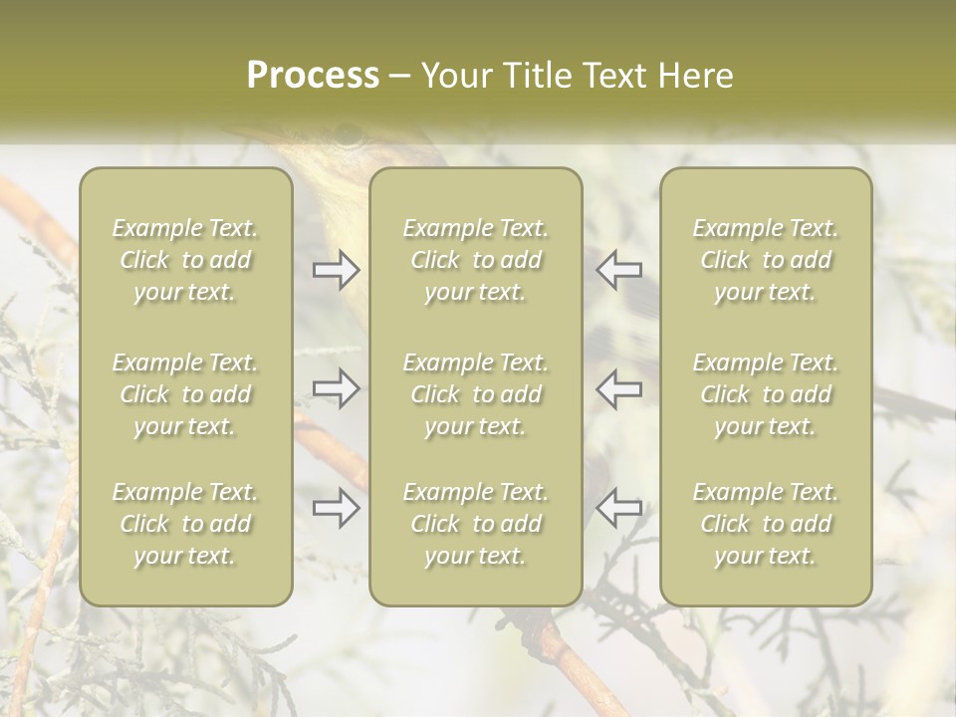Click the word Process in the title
tap(313, 76)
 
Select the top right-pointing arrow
tap(337, 270)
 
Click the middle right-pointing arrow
tap(337, 388)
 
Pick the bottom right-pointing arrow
tap(337, 508)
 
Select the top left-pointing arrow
tap(619, 270)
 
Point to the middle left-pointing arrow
tap(619, 388)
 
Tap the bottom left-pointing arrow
tap(619, 508)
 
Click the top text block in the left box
tap(185, 260)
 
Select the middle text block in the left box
tap(185, 394)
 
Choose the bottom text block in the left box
tap(185, 524)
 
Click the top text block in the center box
tap(476, 260)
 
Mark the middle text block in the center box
tap(476, 394)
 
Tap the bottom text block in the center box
tap(476, 524)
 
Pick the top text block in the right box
tap(766, 260)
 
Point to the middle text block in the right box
tap(766, 394)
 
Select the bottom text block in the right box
tap(766, 524)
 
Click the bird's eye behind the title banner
tap(348, 133)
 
